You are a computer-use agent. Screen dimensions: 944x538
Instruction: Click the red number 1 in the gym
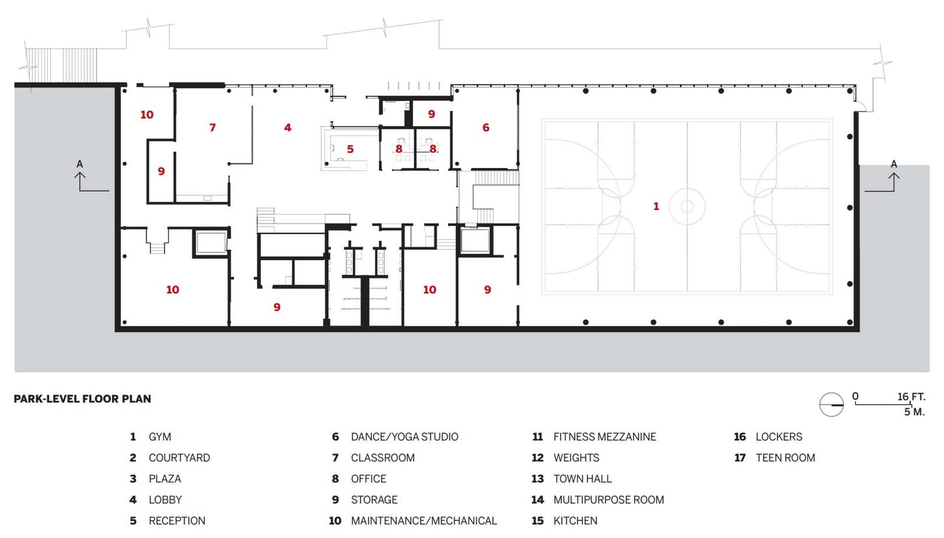(x=655, y=206)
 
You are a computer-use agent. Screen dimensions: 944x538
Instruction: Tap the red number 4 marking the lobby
(x=287, y=127)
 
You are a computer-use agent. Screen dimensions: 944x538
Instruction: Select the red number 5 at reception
(x=350, y=149)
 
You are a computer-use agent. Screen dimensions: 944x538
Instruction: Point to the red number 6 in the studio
(x=486, y=127)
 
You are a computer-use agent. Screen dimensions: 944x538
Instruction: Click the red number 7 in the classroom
(x=212, y=127)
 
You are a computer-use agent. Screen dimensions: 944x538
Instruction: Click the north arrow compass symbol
(x=831, y=405)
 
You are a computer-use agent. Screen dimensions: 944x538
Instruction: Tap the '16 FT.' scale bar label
(x=911, y=396)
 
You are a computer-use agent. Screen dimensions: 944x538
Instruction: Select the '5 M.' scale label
(x=914, y=412)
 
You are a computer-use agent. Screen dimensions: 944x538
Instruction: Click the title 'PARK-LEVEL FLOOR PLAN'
(x=82, y=399)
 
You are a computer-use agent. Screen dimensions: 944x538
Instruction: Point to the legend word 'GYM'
(x=160, y=437)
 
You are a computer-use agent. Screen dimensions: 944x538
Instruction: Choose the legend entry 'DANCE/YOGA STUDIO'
(x=405, y=437)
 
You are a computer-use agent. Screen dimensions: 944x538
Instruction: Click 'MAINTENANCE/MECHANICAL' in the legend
(x=424, y=521)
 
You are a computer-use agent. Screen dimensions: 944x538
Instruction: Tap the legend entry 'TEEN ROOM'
(x=785, y=458)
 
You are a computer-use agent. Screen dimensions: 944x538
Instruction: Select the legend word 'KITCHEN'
(x=575, y=521)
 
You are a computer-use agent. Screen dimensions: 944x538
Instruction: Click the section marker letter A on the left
(x=80, y=164)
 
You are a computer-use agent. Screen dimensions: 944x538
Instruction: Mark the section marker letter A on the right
(x=894, y=164)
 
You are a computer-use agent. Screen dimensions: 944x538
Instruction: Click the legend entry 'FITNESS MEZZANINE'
(x=605, y=437)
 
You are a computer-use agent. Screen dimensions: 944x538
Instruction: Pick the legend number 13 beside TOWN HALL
(x=537, y=478)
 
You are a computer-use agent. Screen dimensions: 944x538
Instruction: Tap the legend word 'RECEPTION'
(x=177, y=521)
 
